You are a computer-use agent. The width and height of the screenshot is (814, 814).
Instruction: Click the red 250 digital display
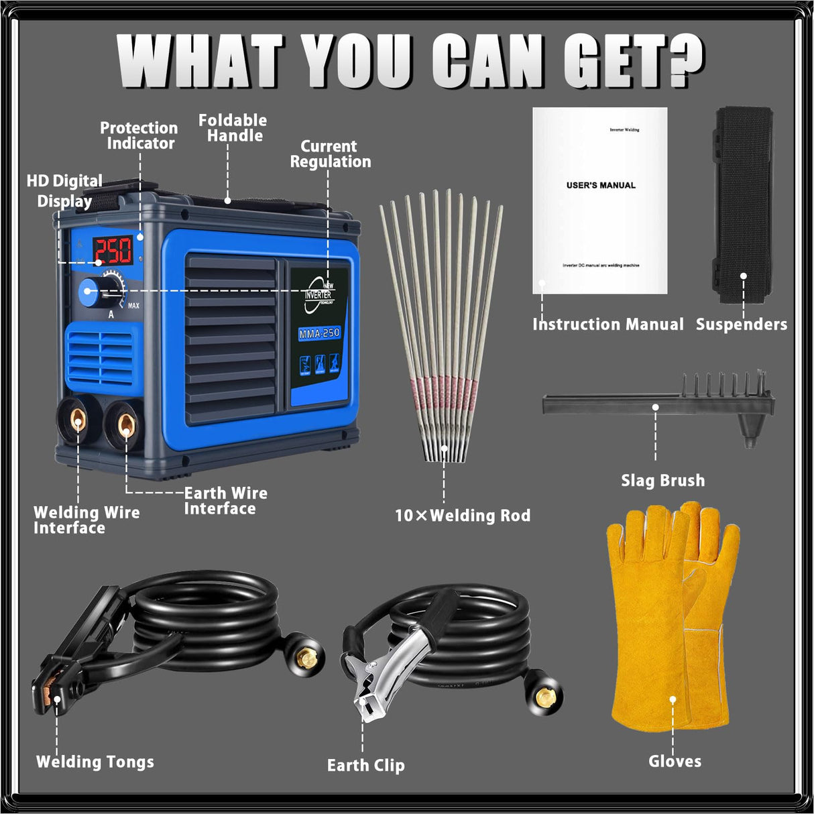[x=112, y=251]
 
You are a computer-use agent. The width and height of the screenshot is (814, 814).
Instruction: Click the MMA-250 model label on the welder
[x=319, y=333]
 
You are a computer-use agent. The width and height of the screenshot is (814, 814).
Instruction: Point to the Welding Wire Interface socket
[x=78, y=422]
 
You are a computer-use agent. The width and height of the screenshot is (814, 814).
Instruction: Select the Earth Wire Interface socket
[x=125, y=424]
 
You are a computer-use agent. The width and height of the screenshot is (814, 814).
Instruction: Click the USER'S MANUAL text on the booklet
[x=601, y=185]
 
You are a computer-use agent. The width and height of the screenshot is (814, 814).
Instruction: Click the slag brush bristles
[x=724, y=386]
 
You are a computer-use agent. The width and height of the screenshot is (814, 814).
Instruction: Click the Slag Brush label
[x=662, y=481]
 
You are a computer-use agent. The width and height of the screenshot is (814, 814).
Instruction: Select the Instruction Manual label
[x=607, y=325]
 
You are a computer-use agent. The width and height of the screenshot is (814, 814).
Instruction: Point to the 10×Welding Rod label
[x=463, y=516]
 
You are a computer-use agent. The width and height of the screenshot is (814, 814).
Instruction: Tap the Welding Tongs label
[x=95, y=762]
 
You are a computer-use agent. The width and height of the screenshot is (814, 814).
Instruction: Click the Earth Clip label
[x=365, y=765]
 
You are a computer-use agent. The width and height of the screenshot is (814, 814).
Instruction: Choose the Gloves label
[x=675, y=761]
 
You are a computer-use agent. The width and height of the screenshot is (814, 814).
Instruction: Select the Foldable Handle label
[x=233, y=128]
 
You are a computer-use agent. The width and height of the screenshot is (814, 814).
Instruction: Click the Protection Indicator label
[x=139, y=135]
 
